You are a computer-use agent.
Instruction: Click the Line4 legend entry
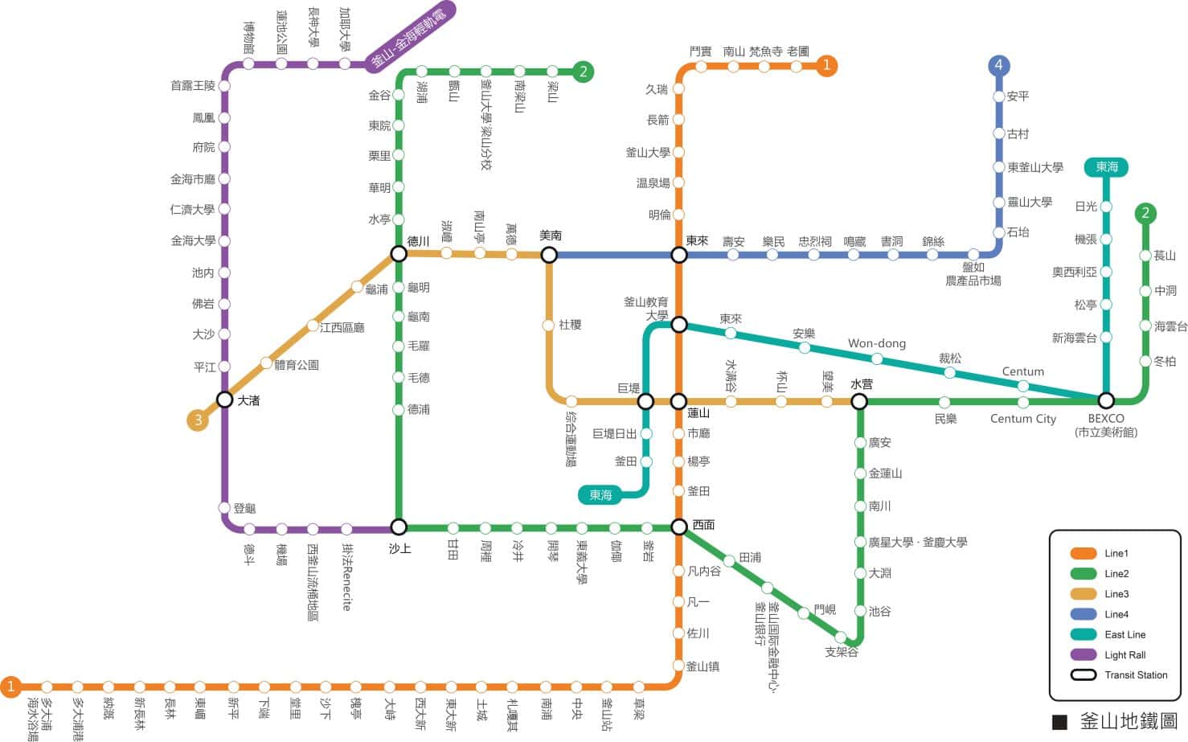[x=1116, y=614]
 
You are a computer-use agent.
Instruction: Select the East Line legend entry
[x=1125, y=634]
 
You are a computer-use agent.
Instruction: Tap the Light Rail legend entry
[x=1125, y=654]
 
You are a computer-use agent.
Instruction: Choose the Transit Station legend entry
[x=1135, y=674]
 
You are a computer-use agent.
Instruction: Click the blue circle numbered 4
[x=998, y=66]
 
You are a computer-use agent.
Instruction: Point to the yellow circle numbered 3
[x=197, y=420]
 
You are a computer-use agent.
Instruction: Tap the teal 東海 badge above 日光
[x=1106, y=166]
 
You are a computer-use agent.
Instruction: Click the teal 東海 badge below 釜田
[x=600, y=495]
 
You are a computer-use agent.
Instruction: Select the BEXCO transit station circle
[x=1106, y=400]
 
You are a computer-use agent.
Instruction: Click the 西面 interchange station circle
[x=679, y=527]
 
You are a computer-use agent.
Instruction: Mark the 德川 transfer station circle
[x=399, y=254]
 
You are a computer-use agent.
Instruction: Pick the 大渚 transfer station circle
[x=225, y=400]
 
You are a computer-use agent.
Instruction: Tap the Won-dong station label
[x=876, y=343]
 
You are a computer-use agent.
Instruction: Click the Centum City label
[x=1022, y=418]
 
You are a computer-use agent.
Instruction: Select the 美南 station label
[x=551, y=236]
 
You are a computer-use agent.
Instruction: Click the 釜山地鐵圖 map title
[x=1128, y=721]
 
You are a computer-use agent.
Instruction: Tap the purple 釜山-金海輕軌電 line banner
[x=410, y=37]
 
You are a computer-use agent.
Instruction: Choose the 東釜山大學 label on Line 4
[x=1035, y=167]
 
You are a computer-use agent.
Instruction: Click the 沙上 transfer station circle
[x=399, y=527]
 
